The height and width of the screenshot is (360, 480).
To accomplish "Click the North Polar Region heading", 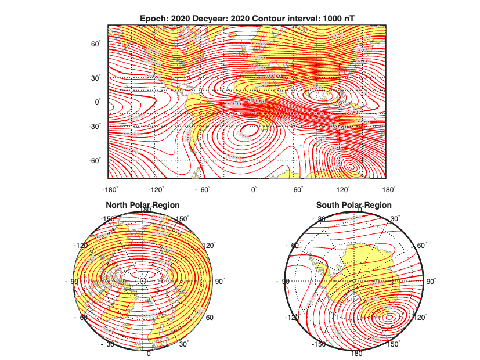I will [142, 205].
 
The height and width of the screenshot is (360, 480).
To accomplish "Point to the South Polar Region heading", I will [353, 205].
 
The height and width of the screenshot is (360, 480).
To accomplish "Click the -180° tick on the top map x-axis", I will [110, 189].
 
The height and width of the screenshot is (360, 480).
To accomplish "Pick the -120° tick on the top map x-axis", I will [155, 189].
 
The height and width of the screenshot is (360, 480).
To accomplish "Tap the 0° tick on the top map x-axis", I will [254, 189].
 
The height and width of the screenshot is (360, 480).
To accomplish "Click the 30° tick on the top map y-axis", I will [95, 77].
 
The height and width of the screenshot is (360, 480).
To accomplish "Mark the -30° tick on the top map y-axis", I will [94, 125].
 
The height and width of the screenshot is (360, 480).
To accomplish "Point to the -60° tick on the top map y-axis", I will [94, 160].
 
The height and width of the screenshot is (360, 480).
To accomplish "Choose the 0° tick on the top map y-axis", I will [98, 102].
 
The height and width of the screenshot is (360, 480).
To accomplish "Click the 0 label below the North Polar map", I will [149, 354].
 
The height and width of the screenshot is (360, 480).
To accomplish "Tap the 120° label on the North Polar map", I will [207, 246].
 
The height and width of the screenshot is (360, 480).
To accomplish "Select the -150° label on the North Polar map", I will [108, 219].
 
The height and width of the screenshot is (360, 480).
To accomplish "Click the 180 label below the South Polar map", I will [356, 354].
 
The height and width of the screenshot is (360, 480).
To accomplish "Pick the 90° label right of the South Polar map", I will [431, 281].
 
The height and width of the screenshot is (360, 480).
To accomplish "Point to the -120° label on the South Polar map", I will [292, 318].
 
